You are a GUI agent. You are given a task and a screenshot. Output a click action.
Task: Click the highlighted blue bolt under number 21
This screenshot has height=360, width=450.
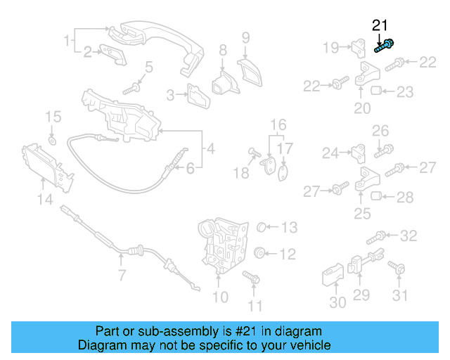pyautogui.click(x=384, y=47)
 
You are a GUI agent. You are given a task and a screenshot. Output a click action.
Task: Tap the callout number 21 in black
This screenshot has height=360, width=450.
pyautogui.click(x=380, y=26)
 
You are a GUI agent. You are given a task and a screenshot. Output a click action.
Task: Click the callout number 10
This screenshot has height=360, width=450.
pyautogui.click(x=220, y=297)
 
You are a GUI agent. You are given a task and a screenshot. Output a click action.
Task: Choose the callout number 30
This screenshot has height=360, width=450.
pyautogui.click(x=338, y=302)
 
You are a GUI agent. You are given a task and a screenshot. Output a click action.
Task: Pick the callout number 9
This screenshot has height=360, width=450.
pyautogui.click(x=246, y=37)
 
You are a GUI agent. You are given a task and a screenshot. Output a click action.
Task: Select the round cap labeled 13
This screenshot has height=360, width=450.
pyautogui.click(x=261, y=227)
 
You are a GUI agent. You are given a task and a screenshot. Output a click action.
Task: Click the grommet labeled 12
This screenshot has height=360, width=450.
pyautogui.click(x=259, y=253)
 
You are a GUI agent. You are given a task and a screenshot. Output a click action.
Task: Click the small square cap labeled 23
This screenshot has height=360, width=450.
pyautogui.click(x=375, y=90)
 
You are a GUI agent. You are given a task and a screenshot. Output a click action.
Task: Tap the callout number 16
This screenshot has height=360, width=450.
pyautogui.click(x=279, y=124)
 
